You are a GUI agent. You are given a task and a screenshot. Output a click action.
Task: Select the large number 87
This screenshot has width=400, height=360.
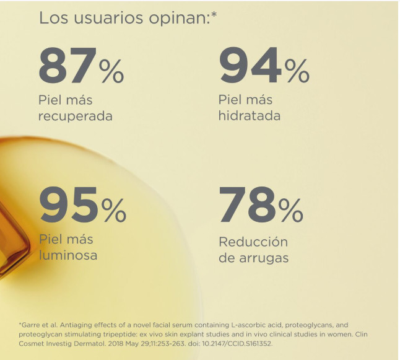[x=67, y=66]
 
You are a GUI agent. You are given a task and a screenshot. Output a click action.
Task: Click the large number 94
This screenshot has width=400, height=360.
[x=250, y=66]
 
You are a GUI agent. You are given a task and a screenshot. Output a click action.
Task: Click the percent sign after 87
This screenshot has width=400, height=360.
[x=111, y=72]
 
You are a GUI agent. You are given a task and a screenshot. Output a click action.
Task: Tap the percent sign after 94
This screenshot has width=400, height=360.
[x=297, y=72]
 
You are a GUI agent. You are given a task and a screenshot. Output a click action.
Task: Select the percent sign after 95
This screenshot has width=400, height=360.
[x=114, y=212]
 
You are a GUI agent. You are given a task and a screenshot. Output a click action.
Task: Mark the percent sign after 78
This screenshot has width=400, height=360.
[x=291, y=212]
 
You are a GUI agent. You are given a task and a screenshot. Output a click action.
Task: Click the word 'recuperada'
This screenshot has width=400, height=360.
[x=76, y=116]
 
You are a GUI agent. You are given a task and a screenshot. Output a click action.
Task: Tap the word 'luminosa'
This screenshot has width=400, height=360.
[x=68, y=255]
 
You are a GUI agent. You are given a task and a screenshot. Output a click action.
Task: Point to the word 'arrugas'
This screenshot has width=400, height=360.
[x=263, y=258]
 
